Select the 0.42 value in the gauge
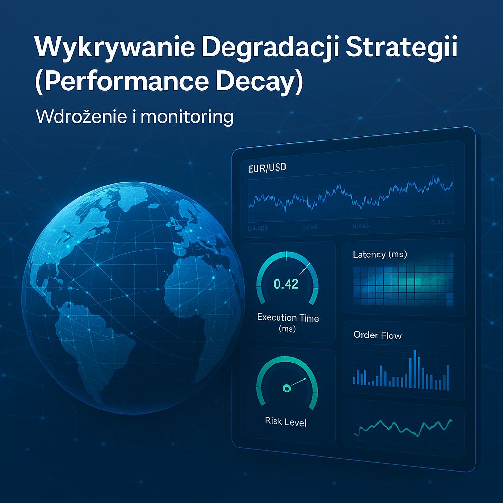(x=286, y=284)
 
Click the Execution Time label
(x=288, y=318)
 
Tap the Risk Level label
(x=285, y=421)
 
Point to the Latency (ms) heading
(x=380, y=254)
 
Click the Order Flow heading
(x=377, y=335)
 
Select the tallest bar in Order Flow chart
(x=415, y=368)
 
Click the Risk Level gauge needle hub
(x=286, y=388)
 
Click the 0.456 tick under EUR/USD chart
(x=361, y=226)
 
